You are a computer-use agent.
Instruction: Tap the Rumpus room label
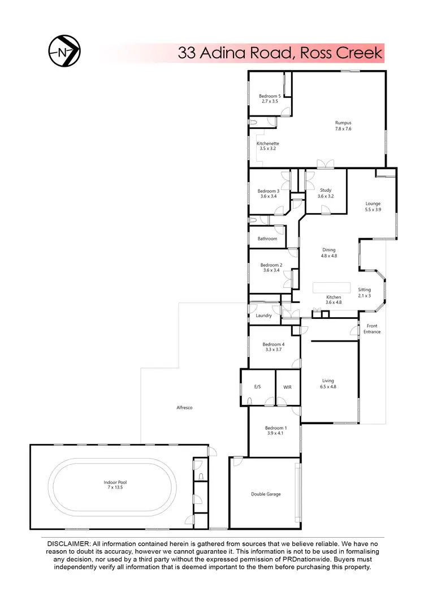point(343,123)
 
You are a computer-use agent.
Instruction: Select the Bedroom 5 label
point(270,96)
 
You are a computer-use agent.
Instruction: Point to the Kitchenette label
point(268,144)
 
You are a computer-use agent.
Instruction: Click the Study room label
point(325,191)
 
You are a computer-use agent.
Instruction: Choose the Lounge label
point(373,204)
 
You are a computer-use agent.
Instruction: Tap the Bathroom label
point(267,239)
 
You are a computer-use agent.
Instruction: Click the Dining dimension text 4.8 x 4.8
point(329,256)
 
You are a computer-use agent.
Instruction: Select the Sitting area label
point(365,290)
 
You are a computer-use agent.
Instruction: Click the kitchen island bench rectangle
point(331,287)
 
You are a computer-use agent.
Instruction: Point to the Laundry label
point(263,316)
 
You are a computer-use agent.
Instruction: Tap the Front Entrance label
point(372,329)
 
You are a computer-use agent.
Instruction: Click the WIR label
point(287,387)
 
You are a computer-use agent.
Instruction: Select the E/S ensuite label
point(257,387)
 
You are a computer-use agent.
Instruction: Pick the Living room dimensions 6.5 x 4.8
point(328,387)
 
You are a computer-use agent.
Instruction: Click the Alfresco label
point(185,407)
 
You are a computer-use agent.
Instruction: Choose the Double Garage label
point(266,494)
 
